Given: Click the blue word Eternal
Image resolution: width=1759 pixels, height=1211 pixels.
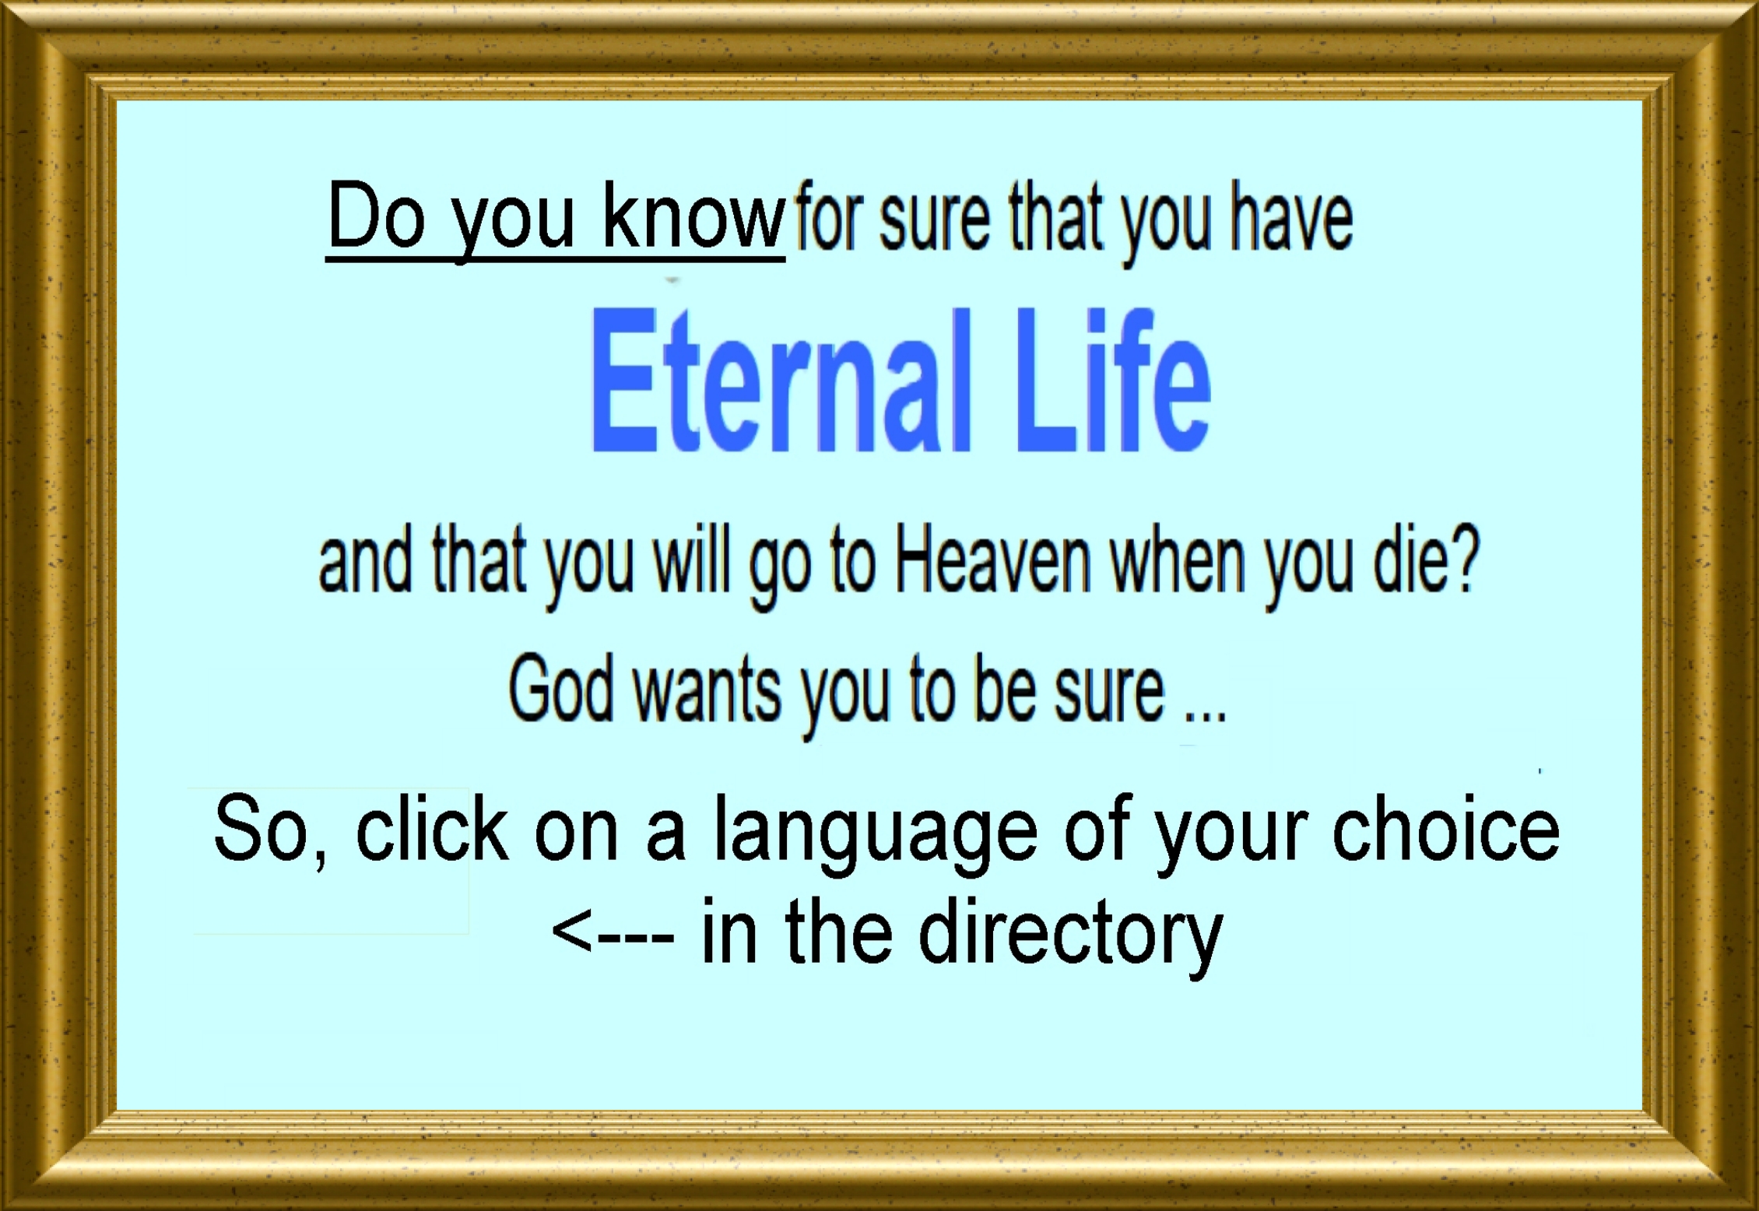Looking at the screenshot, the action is (x=782, y=380).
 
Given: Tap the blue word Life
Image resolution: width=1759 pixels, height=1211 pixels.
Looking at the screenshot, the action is (x=1114, y=380).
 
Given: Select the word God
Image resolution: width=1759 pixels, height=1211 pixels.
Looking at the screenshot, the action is (x=560, y=689).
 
